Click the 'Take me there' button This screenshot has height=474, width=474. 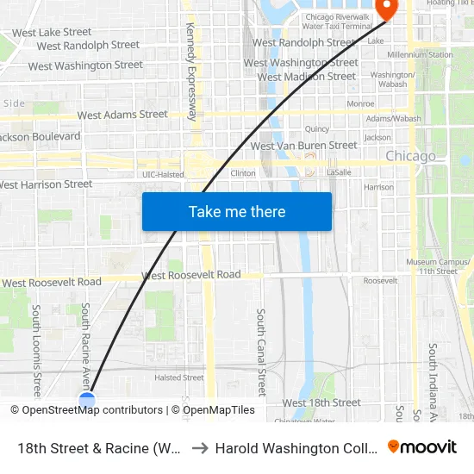pyautogui.click(x=237, y=211)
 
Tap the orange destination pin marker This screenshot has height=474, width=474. pyautogui.click(x=385, y=9)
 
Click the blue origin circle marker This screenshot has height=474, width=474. pyautogui.click(x=87, y=399)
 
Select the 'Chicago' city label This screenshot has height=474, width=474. pyautogui.click(x=410, y=156)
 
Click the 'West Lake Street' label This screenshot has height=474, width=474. pyautogui.click(x=52, y=32)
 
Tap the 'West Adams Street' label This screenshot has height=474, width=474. pyautogui.click(x=122, y=114)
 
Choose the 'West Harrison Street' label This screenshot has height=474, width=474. pyautogui.click(x=45, y=184)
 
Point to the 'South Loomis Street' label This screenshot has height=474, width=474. pyautogui.click(x=37, y=346)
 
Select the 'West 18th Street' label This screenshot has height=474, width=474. pyautogui.click(x=321, y=402)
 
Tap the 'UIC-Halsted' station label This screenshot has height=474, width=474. pyautogui.click(x=163, y=174)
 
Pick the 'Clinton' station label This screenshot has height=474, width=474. pyautogui.click(x=243, y=173)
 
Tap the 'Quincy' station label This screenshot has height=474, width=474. pyautogui.click(x=317, y=128)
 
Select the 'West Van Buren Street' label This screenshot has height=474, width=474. pyautogui.click(x=303, y=146)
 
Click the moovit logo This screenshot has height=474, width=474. pyautogui.click(x=422, y=446)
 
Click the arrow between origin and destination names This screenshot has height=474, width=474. pyautogui.click(x=198, y=448)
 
